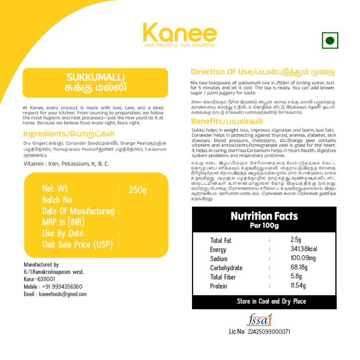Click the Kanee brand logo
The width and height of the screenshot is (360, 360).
pyautogui.click(x=179, y=34)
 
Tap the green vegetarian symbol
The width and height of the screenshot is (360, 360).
pyautogui.click(x=329, y=41)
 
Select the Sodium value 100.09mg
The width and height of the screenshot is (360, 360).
pyautogui.click(x=303, y=259)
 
